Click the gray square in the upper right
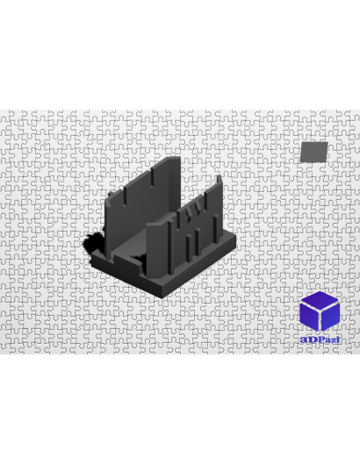click(x=313, y=152)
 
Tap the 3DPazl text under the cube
click(x=320, y=340)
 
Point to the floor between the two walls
click(x=134, y=244)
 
